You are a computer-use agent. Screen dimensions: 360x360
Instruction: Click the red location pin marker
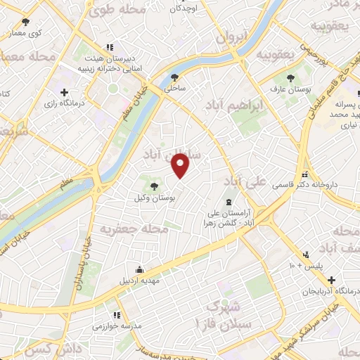(181, 165)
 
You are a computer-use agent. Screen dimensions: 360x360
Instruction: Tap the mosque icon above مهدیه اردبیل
(141, 269)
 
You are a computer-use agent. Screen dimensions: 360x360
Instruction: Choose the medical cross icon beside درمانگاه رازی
(65, 92)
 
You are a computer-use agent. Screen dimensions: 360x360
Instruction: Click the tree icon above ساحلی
(174, 78)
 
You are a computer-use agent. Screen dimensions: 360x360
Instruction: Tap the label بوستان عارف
(290, 90)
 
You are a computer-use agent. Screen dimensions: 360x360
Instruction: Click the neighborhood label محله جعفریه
(134, 230)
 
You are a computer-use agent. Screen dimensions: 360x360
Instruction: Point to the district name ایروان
(232, 37)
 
